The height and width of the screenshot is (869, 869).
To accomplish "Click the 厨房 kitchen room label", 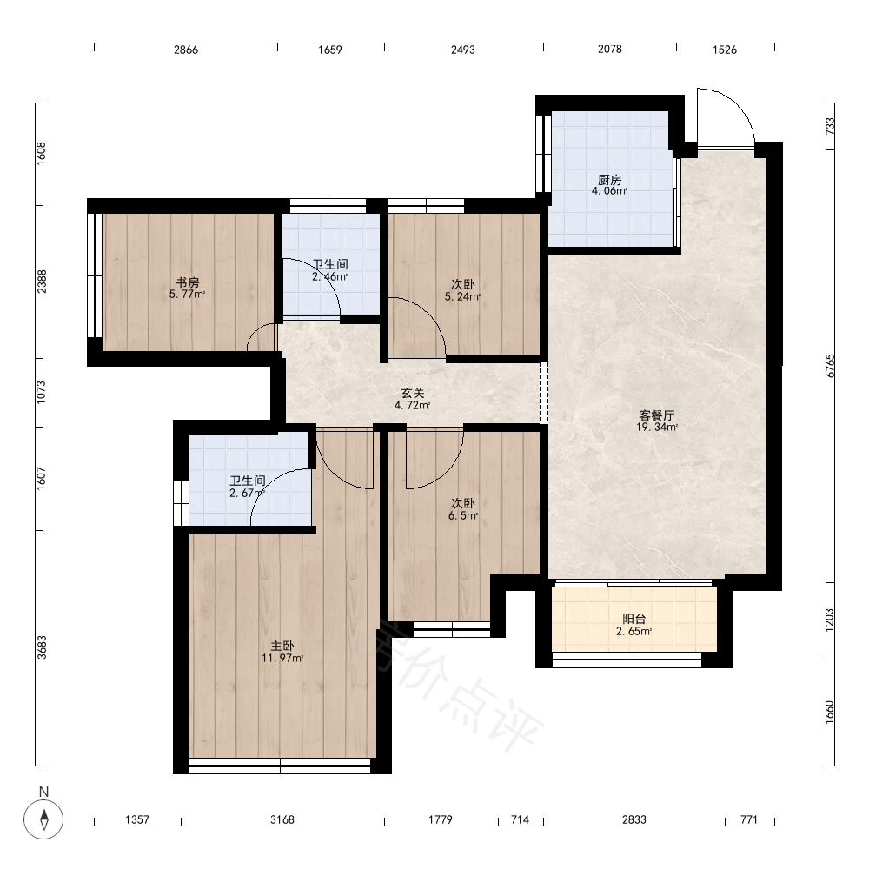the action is (x=609, y=180).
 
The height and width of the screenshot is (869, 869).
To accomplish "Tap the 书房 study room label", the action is (x=188, y=283).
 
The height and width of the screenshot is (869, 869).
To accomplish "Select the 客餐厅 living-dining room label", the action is (x=657, y=415).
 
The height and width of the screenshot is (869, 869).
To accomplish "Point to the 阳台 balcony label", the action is (x=634, y=619).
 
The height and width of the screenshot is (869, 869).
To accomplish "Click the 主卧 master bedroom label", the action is (x=282, y=647).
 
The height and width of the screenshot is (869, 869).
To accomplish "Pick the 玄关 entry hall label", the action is (x=412, y=393).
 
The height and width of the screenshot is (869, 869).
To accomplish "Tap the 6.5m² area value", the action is (x=463, y=516).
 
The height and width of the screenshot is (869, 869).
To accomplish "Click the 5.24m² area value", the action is (x=462, y=296).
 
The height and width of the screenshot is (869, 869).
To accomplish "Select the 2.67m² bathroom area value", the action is (x=247, y=493).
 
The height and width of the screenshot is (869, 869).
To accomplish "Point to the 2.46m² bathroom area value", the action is (x=329, y=276).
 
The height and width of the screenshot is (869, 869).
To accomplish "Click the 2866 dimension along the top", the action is (x=186, y=50).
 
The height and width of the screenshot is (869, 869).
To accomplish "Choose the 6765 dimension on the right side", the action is (x=830, y=366).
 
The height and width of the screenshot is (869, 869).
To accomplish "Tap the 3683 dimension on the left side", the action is (x=42, y=647).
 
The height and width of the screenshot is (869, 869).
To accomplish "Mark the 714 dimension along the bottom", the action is (x=520, y=819).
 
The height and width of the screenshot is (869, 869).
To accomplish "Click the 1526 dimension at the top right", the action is (x=725, y=50).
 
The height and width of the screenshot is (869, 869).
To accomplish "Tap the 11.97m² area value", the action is (x=282, y=659).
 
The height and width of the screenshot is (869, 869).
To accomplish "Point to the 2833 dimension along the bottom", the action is (x=634, y=819).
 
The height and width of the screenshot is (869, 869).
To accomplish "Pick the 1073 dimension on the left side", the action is (x=42, y=392).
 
